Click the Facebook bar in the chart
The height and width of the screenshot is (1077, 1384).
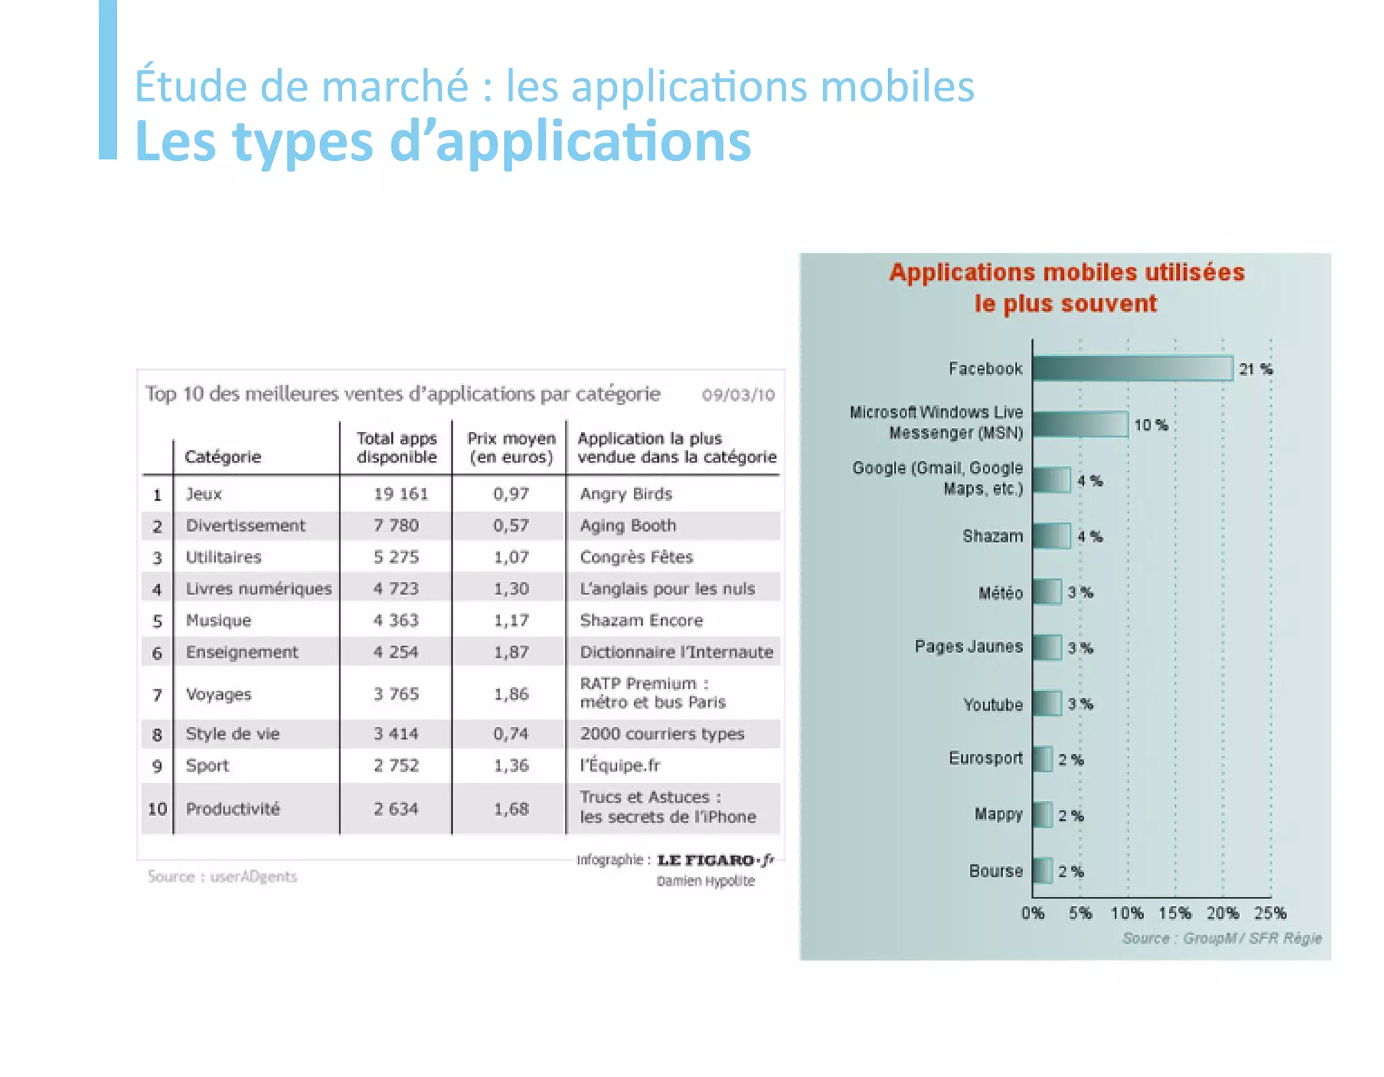pos(1132,368)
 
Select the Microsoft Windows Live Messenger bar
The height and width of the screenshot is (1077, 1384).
pos(1080,425)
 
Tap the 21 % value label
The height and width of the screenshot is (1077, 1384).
pos(1256,369)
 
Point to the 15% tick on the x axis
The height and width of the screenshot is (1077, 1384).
pos(1175,913)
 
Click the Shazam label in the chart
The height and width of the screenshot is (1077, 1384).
pos(992,536)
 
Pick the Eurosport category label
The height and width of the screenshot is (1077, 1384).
pos(985,758)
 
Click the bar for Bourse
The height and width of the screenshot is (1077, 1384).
pos(1042,871)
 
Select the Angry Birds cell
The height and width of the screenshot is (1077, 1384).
pos(626,494)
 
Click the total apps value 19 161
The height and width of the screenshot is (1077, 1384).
pos(401,494)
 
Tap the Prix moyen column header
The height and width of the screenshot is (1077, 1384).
pos(512,448)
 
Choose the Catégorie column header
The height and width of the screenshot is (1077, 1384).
pos(222,457)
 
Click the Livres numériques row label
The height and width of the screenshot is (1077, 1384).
pos(259,588)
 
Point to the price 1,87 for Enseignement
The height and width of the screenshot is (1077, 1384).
pos(511,652)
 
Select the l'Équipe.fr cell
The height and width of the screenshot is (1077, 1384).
pos(620,765)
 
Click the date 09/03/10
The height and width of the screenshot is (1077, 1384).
pos(738,395)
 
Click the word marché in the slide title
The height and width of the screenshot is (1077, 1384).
pos(393,87)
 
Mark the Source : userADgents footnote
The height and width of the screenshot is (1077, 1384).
pos(222,877)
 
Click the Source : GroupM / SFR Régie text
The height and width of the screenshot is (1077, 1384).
pos(1221,938)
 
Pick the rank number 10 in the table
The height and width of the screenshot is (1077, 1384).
pos(157,809)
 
